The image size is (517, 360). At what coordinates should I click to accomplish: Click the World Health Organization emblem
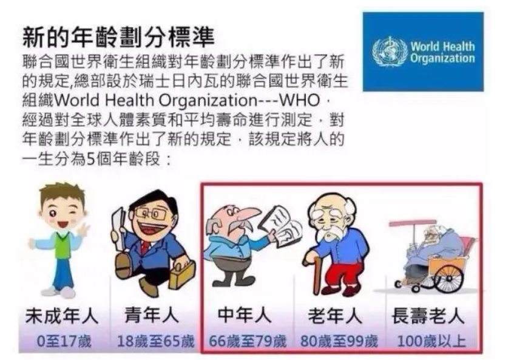click(x=390, y=52)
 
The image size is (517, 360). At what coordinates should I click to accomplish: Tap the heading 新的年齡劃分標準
click(x=119, y=37)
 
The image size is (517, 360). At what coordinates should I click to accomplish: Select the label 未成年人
click(x=62, y=316)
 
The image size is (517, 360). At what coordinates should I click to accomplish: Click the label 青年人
click(x=152, y=316)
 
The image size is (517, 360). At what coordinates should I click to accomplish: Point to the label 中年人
click(x=245, y=316)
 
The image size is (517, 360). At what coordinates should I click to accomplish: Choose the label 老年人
click(x=336, y=316)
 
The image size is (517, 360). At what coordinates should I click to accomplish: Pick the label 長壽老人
click(x=428, y=316)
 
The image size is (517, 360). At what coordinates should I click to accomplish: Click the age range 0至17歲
click(x=64, y=341)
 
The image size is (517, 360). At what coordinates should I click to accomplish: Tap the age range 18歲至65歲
click(x=156, y=341)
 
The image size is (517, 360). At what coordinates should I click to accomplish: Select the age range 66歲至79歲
click(x=248, y=341)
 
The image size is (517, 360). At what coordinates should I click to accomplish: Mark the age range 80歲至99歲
click(x=339, y=341)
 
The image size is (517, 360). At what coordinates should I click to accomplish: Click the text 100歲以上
click(x=431, y=341)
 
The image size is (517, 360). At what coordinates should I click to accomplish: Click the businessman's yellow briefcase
click(x=181, y=274)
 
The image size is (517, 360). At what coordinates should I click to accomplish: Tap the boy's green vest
click(x=62, y=245)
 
